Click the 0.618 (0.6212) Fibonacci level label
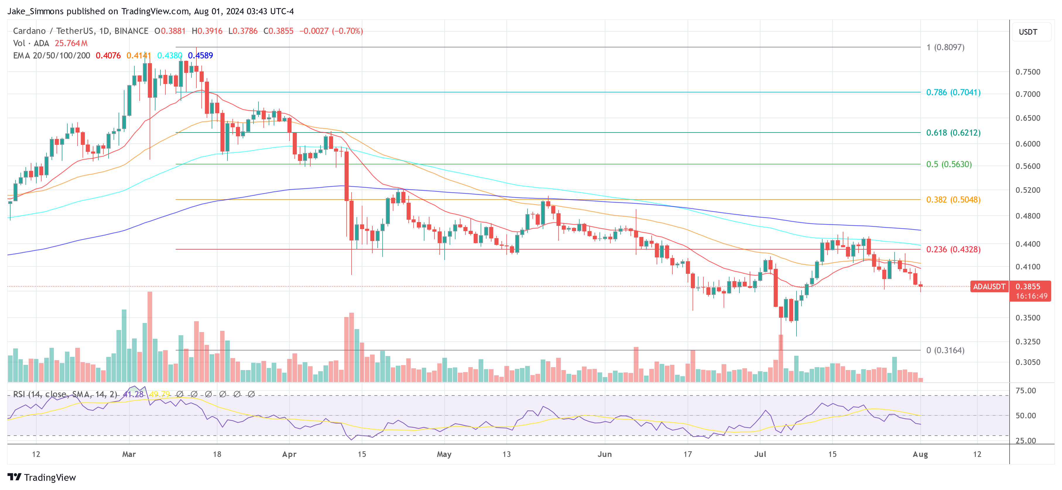point(953,133)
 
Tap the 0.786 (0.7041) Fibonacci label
point(953,92)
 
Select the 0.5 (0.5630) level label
point(949,164)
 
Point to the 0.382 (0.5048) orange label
point(953,200)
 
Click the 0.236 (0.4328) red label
point(953,249)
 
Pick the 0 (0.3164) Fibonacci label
point(945,350)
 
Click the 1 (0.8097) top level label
point(945,47)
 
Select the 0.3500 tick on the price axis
point(1027,318)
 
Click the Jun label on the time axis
point(604,454)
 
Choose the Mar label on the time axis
point(129,454)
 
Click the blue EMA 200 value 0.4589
point(200,56)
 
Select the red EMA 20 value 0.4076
point(108,56)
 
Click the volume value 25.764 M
point(71,43)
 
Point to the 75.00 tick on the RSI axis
point(1025,391)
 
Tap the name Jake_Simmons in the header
point(35,11)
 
